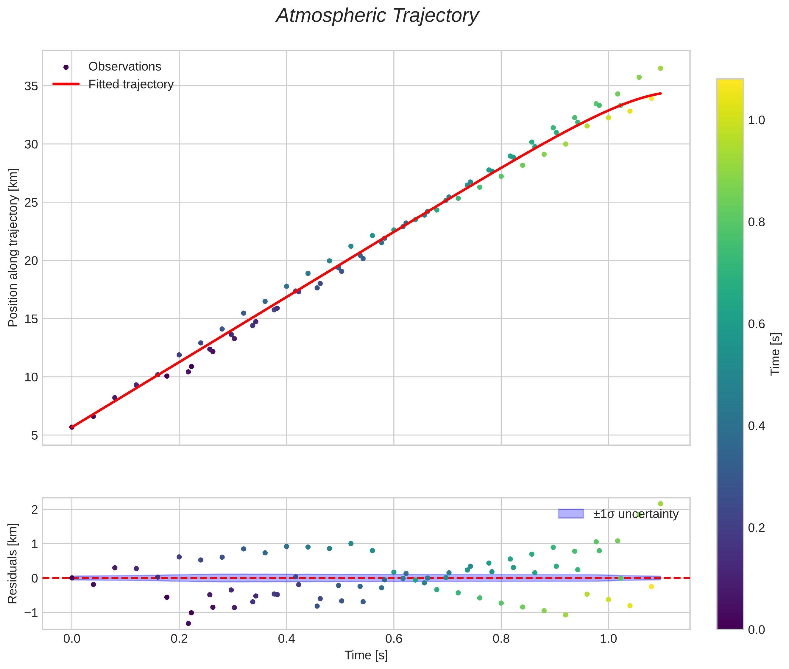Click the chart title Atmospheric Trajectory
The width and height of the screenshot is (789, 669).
pos(377,16)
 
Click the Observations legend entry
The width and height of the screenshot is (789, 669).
pos(124,67)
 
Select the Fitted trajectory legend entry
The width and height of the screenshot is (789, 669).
pos(131,84)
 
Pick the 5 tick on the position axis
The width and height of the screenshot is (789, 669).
pos(35,435)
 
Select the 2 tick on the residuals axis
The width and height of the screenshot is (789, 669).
pos(35,509)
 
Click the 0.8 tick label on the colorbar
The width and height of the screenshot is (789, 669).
pos(756,222)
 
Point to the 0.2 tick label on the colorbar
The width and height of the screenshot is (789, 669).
pos(756,528)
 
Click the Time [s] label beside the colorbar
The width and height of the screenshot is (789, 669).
pos(775,354)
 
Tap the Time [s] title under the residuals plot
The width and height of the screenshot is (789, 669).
pos(366,655)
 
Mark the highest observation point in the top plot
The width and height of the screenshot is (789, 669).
pos(660,68)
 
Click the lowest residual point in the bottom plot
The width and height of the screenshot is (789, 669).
pos(188,623)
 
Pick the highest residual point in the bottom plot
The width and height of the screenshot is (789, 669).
pos(660,504)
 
